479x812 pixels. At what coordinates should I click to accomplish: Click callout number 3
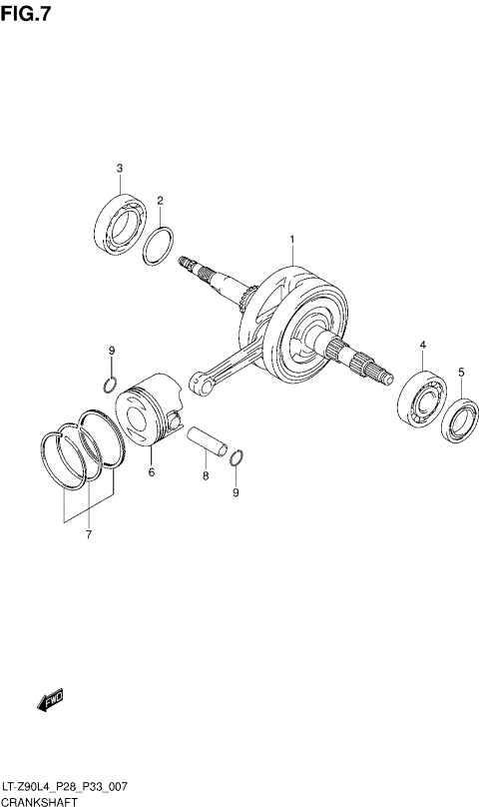119,168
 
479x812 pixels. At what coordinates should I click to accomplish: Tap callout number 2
159,201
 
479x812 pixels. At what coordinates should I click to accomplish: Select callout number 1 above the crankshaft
291,240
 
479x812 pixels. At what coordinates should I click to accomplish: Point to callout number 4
422,345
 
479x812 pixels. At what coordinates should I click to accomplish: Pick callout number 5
461,373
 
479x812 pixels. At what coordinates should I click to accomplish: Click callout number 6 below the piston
152,472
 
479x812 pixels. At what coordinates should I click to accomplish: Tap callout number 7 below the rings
88,536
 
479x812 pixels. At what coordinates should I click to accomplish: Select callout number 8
205,476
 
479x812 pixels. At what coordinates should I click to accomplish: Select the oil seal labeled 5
460,418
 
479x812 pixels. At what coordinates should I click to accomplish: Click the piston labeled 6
147,412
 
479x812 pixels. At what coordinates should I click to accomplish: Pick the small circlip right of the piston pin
236,458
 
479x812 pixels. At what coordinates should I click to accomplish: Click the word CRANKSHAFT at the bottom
39,802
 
